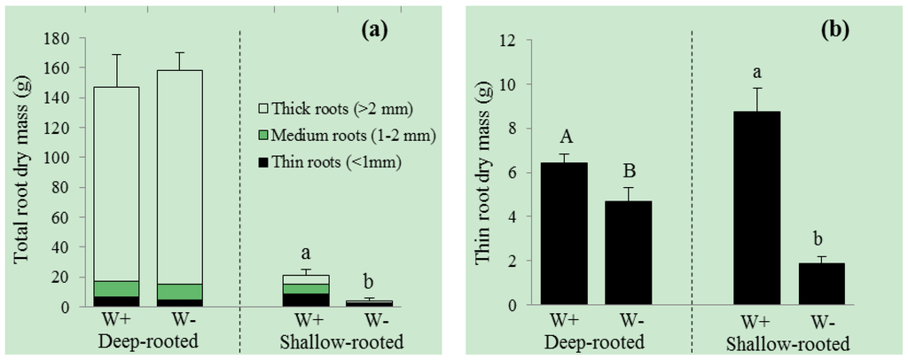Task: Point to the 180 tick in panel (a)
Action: click(x=59, y=39)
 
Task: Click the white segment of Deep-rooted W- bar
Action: click(x=179, y=177)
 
